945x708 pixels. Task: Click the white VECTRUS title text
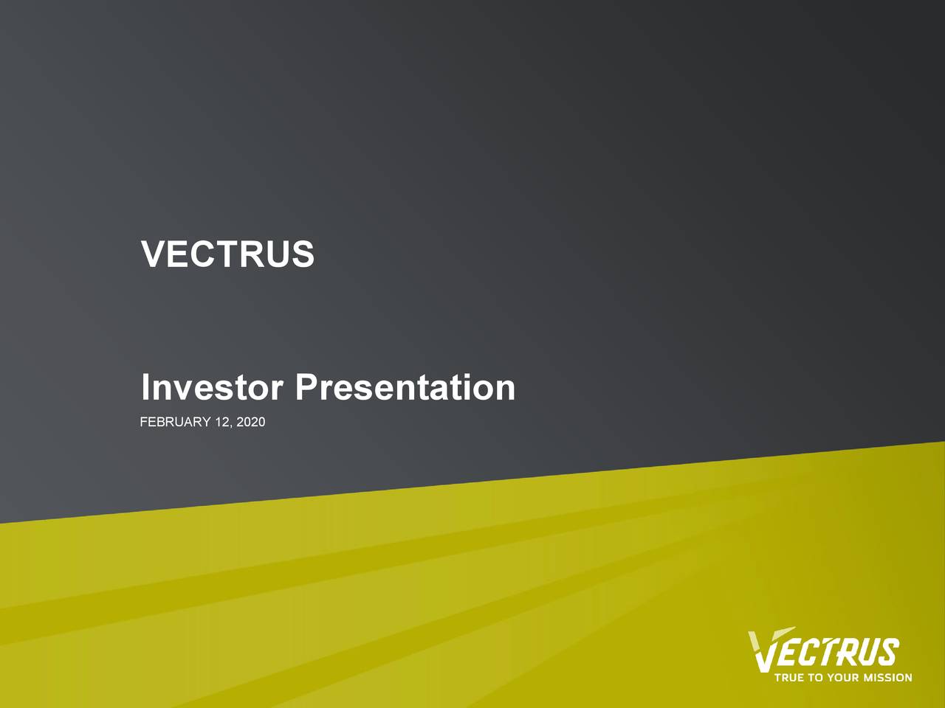point(227,254)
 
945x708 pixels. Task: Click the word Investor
point(212,387)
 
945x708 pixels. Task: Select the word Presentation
point(405,387)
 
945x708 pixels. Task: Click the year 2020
point(252,422)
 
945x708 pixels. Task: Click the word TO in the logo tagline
point(815,677)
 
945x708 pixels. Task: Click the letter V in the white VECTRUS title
point(152,254)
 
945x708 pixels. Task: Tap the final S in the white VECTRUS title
point(303,254)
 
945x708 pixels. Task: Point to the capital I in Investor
point(146,387)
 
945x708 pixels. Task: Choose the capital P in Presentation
point(306,387)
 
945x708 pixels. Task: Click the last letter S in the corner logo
point(889,653)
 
